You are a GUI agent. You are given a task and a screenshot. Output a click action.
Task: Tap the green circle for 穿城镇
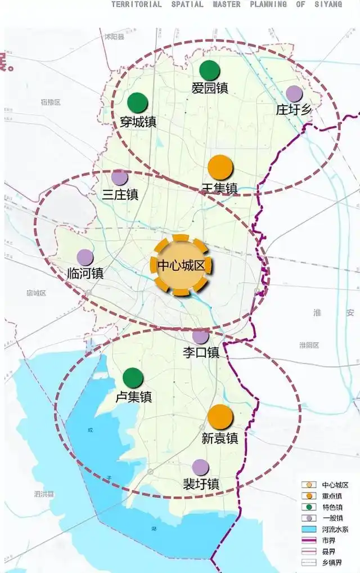coord(137,102)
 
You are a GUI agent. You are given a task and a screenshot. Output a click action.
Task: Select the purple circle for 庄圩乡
coord(294,93)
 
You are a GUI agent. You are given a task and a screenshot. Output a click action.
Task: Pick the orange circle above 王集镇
coord(220,167)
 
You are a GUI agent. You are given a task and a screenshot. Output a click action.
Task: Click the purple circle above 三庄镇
coord(119,178)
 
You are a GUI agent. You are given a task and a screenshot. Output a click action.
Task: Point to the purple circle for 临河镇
coord(85,258)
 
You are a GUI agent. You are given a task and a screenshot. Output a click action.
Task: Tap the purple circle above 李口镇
coord(200,336)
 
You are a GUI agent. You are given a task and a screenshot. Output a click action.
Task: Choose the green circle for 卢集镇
coord(133,378)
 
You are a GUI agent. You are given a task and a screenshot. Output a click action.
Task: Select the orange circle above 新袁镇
coord(220,417)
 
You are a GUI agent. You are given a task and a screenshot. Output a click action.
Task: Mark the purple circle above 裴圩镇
coord(200,467)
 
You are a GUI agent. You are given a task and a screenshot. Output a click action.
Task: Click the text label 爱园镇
coord(210,88)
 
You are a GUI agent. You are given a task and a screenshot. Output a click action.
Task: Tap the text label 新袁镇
coord(220,438)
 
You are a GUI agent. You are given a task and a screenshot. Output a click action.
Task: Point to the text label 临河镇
coord(85,274)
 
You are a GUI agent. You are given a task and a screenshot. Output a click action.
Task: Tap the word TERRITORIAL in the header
coord(136,4)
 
